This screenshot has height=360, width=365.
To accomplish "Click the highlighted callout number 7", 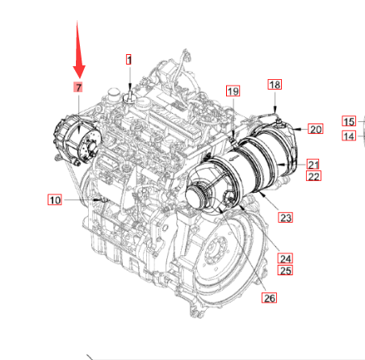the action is coord(78,87).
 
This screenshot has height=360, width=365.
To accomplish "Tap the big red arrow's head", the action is coord(79,72).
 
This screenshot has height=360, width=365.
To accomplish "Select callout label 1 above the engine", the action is coord(129,60).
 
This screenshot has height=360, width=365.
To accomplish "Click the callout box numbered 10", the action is coord(55,199).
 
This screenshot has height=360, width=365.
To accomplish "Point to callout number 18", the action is coord(275,85).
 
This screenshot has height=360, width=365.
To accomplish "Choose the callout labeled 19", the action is coord(233,91).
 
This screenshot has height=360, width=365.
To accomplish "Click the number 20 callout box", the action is coord(316,129).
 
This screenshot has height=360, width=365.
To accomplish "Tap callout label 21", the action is coord(313,164).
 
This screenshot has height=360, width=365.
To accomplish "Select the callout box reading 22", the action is coord(313,176).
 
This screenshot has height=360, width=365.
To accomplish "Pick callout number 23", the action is coord(285,217).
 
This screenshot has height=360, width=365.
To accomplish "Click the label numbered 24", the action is coord(285,258).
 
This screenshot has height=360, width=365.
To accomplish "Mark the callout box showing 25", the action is coord(285,270).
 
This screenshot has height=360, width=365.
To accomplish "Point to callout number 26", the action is coord(269,298).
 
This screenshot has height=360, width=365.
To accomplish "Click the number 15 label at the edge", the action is coord(349,121).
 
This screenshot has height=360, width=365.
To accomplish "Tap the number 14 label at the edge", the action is coord(349,136).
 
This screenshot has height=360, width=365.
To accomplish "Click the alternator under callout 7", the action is coord(78,140).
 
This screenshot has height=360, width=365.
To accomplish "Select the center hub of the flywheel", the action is coord(215,250).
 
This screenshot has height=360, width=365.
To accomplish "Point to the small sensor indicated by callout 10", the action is coord(103,199).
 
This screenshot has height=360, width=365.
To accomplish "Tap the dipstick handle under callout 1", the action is coord(129,96).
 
